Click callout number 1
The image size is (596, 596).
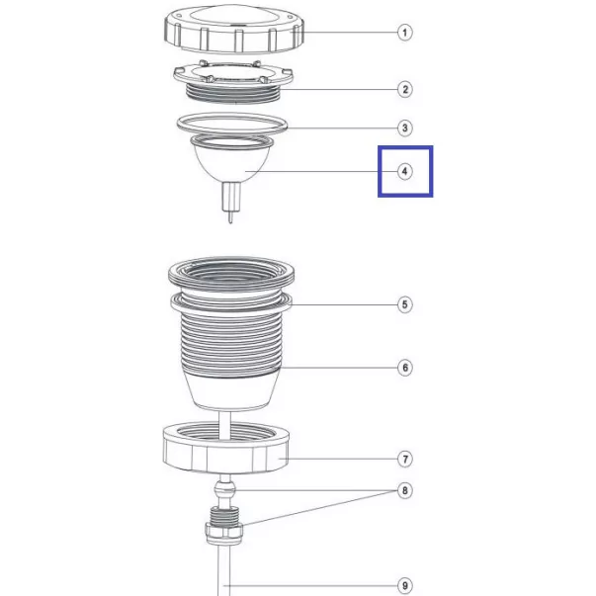pos(405,33)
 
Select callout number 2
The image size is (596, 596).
pos(405,90)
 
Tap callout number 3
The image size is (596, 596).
pos(405,128)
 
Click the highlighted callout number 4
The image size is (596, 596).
pos(405,171)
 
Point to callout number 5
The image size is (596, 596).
pos(405,304)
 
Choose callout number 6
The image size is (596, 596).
pos(405,368)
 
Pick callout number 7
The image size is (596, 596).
pos(405,459)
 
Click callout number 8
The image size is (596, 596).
pos(405,490)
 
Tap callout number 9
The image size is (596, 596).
pos(405,586)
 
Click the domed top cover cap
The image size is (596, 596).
pos(234,29)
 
